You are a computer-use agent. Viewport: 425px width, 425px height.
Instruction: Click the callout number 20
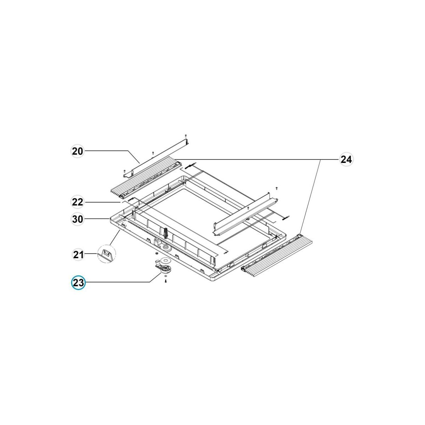(x=78, y=151)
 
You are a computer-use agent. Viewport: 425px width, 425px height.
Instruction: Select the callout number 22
(x=78, y=202)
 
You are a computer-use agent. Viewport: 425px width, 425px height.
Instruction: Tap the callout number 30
(x=78, y=219)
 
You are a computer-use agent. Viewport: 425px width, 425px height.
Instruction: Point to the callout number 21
(x=78, y=255)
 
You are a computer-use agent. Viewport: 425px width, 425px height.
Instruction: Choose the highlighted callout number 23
(x=78, y=283)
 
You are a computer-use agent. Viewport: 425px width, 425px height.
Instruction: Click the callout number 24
(x=346, y=159)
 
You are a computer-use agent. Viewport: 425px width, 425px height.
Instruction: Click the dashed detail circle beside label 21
(x=107, y=254)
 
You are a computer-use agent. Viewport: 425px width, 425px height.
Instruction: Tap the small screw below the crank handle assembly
(x=166, y=281)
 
